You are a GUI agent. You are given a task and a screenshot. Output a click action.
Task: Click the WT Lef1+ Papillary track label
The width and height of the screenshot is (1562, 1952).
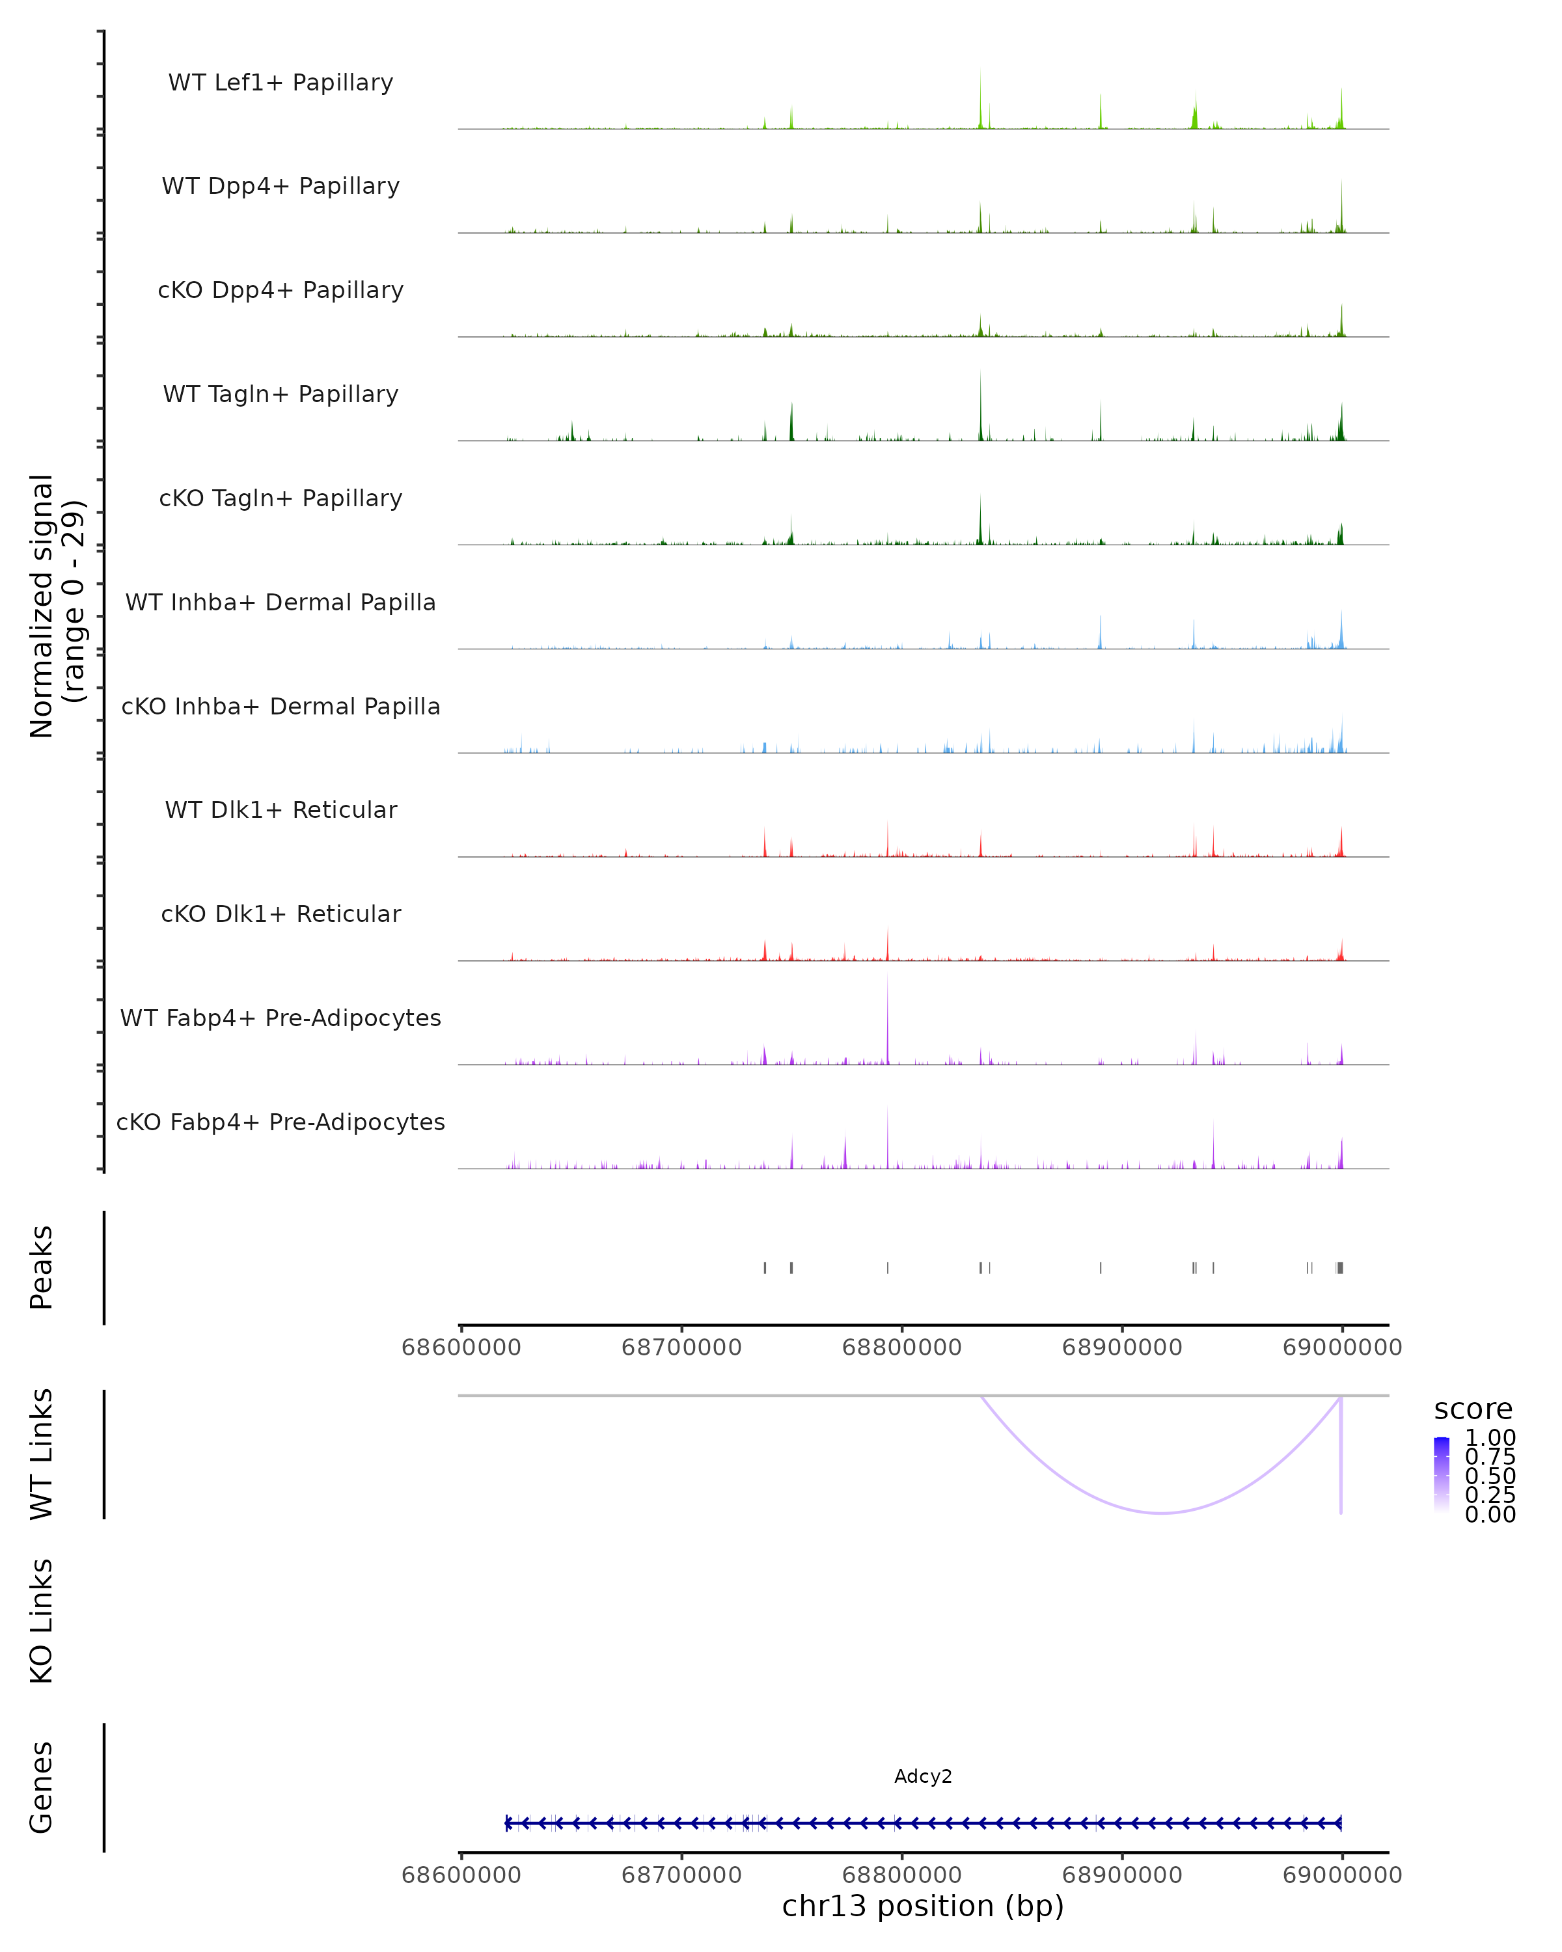coord(281,83)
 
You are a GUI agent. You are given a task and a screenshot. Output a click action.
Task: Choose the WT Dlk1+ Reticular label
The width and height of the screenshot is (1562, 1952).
coord(281,809)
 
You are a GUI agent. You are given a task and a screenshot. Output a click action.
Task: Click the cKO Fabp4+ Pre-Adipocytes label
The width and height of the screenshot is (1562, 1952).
coord(281,1122)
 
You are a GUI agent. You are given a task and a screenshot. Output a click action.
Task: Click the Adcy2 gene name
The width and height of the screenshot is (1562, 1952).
coord(923,1776)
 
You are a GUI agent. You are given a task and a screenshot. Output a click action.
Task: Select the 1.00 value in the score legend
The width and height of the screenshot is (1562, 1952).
coord(1490,1438)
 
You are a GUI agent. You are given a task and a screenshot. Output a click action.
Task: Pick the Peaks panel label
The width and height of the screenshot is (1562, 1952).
coord(42,1267)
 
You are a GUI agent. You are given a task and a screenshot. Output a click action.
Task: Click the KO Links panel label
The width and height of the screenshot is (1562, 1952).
coord(42,1621)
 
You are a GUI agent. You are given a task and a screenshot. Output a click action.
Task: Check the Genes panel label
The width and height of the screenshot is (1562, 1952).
coord(42,1787)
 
